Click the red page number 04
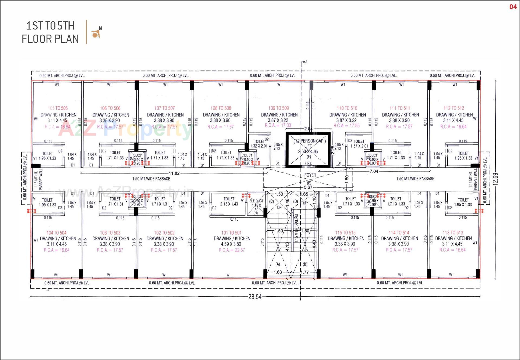(513, 7)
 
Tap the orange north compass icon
(96, 33)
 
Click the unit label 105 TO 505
(58, 108)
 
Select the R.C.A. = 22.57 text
(232, 250)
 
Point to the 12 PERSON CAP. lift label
(310, 141)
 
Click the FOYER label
(310, 175)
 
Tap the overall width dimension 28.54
(255, 297)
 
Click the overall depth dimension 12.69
(496, 179)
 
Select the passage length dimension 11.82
(174, 173)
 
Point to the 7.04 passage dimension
(373, 171)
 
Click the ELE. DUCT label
(256, 201)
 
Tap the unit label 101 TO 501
(231, 233)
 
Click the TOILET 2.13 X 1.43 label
(229, 201)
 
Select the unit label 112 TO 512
(454, 108)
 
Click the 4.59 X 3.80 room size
(231, 244)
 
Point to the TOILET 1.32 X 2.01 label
(259, 144)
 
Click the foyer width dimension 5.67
(308, 187)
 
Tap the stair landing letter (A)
(278, 264)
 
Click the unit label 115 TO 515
(345, 233)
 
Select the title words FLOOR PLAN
(50, 39)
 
